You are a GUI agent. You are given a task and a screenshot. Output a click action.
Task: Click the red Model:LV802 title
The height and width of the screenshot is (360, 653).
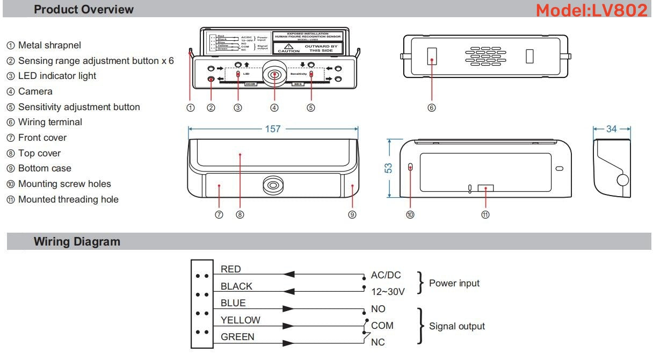click(591, 10)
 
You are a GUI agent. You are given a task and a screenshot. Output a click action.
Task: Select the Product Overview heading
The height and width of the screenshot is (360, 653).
click(84, 10)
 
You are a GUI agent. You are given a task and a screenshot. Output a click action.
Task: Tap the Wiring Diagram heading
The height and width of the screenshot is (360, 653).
click(77, 242)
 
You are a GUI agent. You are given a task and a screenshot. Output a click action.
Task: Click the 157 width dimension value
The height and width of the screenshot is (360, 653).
click(273, 129)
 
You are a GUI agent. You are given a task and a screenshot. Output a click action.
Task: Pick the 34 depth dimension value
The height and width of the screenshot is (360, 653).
click(612, 129)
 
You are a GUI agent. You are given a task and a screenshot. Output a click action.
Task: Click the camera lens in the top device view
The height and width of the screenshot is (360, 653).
click(274, 75)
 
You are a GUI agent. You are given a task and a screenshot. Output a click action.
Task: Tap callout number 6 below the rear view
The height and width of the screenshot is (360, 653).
click(431, 107)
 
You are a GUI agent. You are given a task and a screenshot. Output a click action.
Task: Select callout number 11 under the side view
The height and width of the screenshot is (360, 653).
click(485, 214)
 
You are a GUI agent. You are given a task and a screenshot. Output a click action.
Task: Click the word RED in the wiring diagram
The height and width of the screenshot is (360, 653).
click(231, 269)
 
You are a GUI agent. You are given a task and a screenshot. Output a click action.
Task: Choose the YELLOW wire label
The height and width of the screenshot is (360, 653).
click(241, 320)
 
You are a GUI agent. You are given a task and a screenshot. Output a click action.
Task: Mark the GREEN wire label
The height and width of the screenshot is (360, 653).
click(237, 337)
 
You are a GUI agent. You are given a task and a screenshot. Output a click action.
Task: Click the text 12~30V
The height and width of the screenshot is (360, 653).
click(388, 291)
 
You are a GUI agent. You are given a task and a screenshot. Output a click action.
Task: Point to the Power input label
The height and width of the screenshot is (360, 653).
click(454, 283)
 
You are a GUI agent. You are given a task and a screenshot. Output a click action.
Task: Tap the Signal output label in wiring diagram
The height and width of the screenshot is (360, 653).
click(456, 326)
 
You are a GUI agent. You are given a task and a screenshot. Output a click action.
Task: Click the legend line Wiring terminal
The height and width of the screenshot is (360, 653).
click(50, 122)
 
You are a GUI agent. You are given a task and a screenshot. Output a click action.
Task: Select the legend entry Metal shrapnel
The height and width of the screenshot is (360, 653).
click(50, 45)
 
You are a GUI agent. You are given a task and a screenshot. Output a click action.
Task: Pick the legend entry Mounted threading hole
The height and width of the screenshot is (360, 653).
click(68, 199)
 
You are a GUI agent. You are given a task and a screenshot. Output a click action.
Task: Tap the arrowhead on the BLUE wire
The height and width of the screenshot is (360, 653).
click(288, 309)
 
